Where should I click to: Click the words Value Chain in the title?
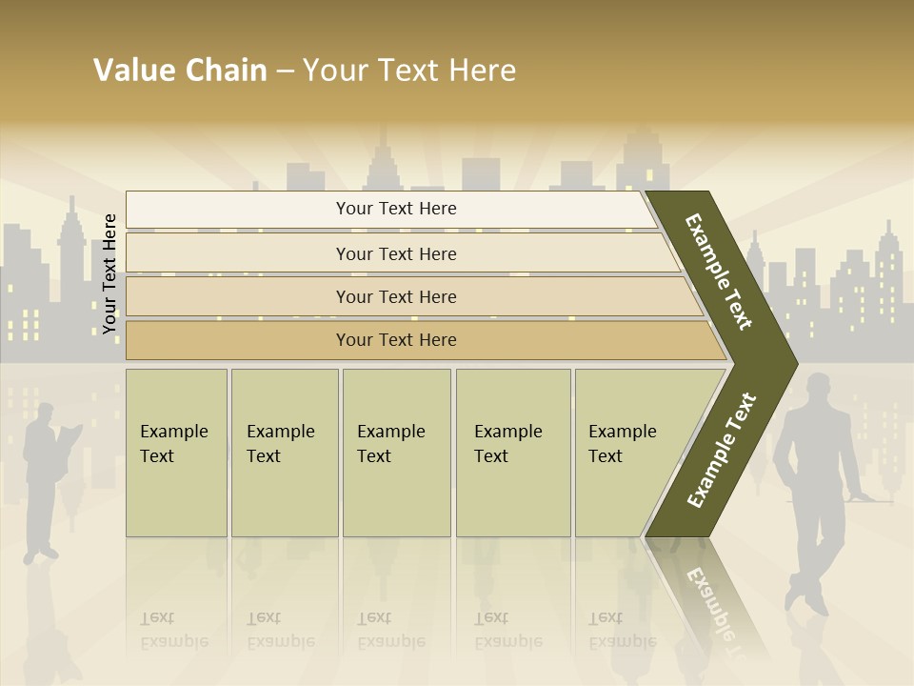click(180, 70)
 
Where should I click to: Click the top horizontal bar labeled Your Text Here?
click(396, 209)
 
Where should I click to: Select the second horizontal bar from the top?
click(396, 253)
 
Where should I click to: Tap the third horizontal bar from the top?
click(396, 296)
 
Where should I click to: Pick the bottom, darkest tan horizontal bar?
click(396, 340)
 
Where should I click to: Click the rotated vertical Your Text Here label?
click(109, 273)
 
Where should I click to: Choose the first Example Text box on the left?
click(176, 452)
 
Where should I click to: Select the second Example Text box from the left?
click(284, 452)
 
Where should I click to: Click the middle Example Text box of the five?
click(396, 452)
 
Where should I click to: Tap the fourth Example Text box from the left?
click(512, 452)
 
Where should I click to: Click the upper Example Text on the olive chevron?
click(720, 272)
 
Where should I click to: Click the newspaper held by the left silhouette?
click(70, 437)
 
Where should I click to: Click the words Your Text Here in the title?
click(409, 70)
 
